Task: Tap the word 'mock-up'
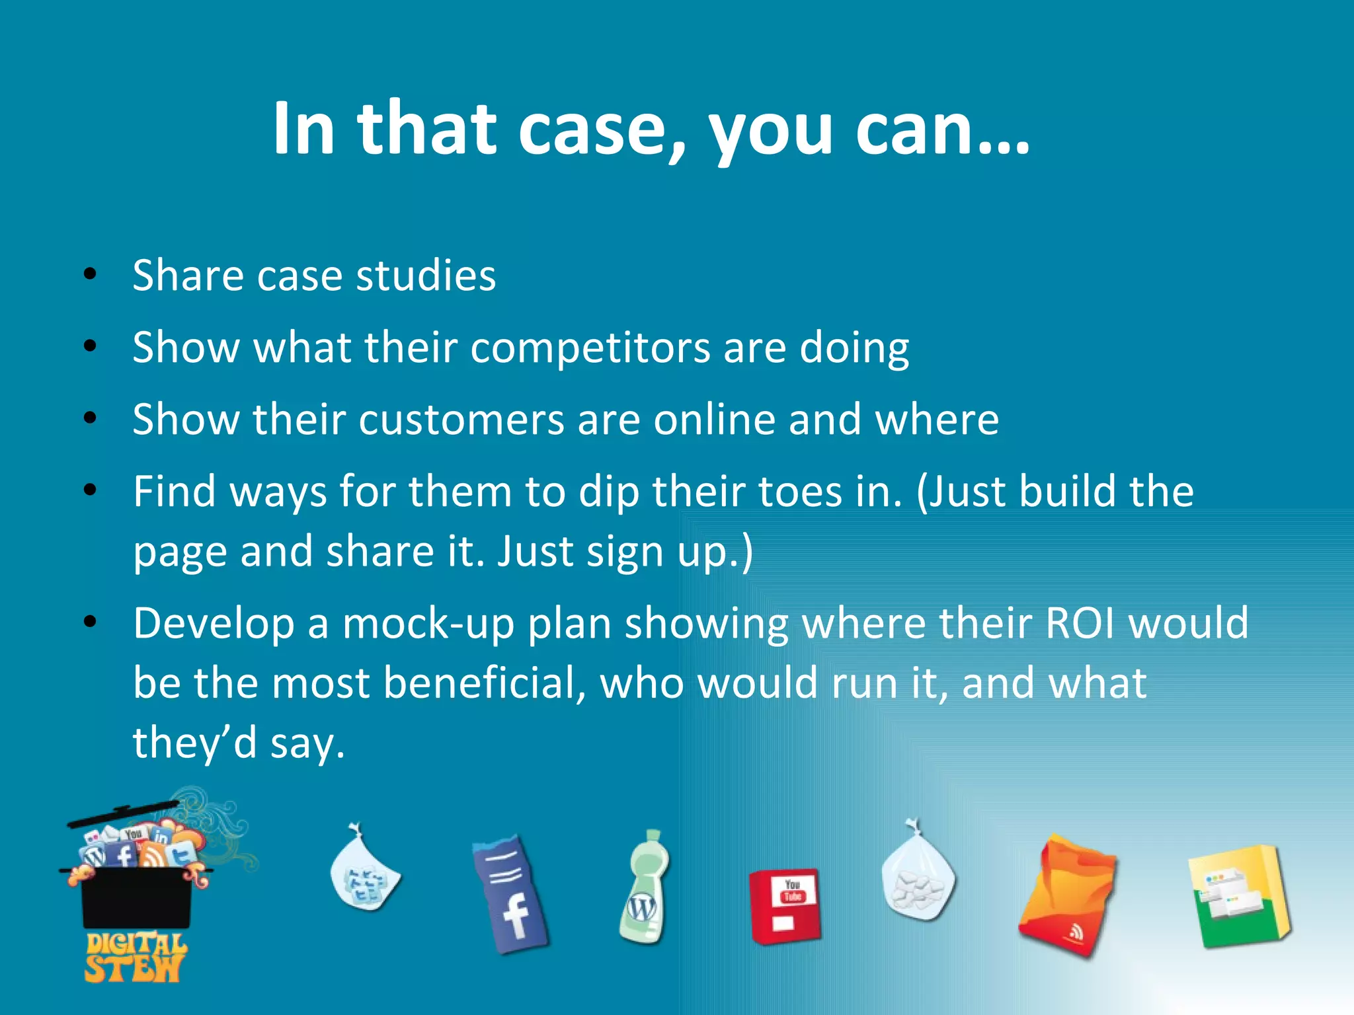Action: tap(428, 624)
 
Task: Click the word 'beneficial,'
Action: tap(485, 683)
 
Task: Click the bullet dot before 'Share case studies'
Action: tap(91, 274)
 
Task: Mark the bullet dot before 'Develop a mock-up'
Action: tap(91, 622)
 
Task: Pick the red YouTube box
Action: tap(785, 905)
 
